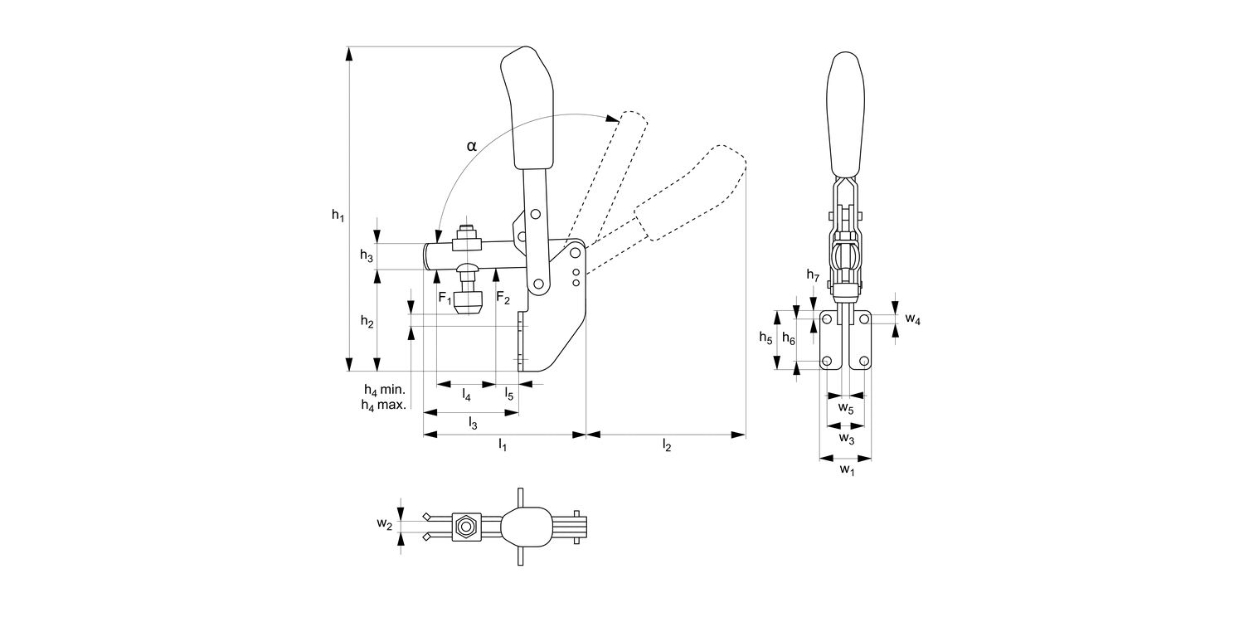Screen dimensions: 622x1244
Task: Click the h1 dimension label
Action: pos(338,216)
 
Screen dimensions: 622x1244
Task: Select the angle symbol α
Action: pos(471,146)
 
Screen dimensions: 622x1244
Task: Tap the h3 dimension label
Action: pos(367,256)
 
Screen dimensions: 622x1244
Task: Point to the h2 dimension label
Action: pos(367,321)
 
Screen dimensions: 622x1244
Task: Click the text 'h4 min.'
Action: pos(384,389)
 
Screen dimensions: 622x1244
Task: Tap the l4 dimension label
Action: pos(466,396)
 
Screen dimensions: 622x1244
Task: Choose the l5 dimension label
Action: pos(509,396)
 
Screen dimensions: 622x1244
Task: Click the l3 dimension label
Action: pos(473,423)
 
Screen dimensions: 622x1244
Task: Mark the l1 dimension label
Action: pos(503,445)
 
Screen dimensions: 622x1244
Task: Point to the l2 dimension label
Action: pos(666,445)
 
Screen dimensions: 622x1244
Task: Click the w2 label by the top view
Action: pos(383,523)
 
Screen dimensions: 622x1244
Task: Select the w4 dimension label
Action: pos(912,318)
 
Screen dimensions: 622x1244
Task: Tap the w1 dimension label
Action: pos(845,469)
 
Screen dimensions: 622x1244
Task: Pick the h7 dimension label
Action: pos(813,275)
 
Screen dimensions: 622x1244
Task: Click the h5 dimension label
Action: pos(765,338)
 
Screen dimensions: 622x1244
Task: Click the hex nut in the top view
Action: pos(465,525)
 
